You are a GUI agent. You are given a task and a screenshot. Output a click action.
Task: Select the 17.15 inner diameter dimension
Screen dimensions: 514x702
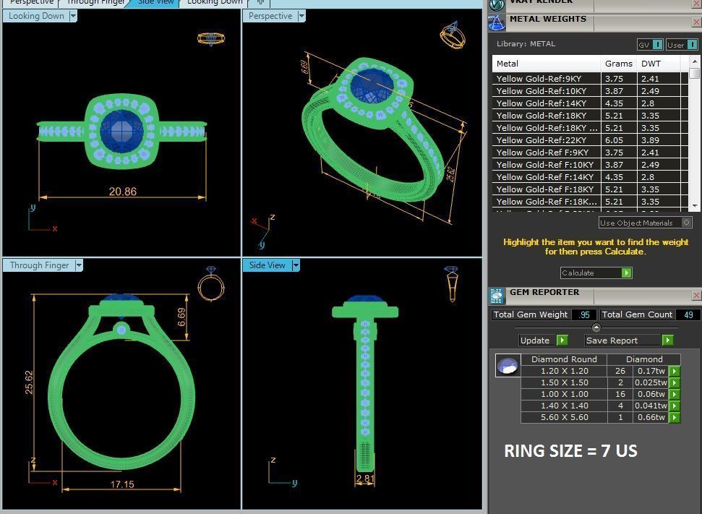pos(121,484)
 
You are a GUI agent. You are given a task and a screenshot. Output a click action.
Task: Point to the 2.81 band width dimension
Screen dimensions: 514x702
pos(364,478)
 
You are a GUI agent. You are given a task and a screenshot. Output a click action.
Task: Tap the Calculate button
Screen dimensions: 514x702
pos(596,273)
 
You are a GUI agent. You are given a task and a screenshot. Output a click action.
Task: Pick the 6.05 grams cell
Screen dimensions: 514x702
pos(615,140)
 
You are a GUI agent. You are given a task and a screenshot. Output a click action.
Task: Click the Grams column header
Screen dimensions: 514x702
pos(619,64)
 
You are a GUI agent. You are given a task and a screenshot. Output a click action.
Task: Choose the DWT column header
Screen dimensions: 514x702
pos(651,64)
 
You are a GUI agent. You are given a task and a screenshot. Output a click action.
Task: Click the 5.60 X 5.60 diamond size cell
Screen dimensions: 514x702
pos(564,417)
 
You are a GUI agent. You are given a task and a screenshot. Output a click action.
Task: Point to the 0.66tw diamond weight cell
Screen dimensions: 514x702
pos(650,417)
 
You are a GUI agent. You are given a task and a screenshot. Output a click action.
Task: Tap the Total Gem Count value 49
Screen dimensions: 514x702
pos(688,314)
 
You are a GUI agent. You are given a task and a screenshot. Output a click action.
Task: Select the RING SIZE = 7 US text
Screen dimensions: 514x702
pos(570,451)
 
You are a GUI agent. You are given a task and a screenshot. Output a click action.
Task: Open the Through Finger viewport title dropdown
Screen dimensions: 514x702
pos(79,265)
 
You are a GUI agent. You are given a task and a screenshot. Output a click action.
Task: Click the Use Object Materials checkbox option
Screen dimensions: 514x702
pos(686,223)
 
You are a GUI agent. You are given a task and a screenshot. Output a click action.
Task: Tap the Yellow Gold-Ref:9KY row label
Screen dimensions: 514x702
pos(539,79)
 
